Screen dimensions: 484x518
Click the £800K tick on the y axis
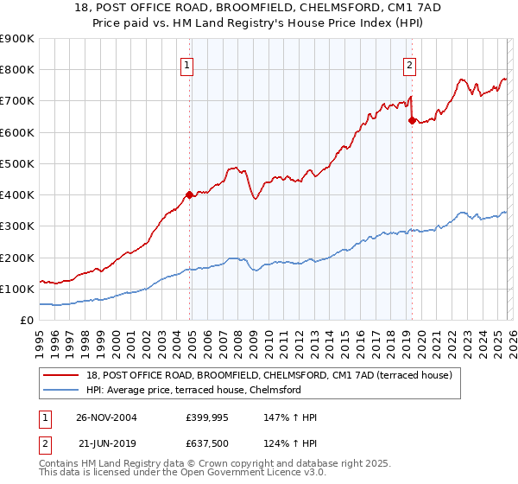click(17, 70)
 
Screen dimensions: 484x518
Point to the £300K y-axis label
click(17, 226)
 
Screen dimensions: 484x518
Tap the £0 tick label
click(28, 321)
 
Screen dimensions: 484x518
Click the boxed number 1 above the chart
click(187, 63)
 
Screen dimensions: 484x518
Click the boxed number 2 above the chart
click(408, 63)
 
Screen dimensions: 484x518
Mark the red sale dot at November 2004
click(190, 194)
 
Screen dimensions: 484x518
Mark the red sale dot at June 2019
click(412, 120)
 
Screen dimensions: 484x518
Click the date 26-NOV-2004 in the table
click(107, 417)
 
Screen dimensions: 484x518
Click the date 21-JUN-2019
click(107, 445)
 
